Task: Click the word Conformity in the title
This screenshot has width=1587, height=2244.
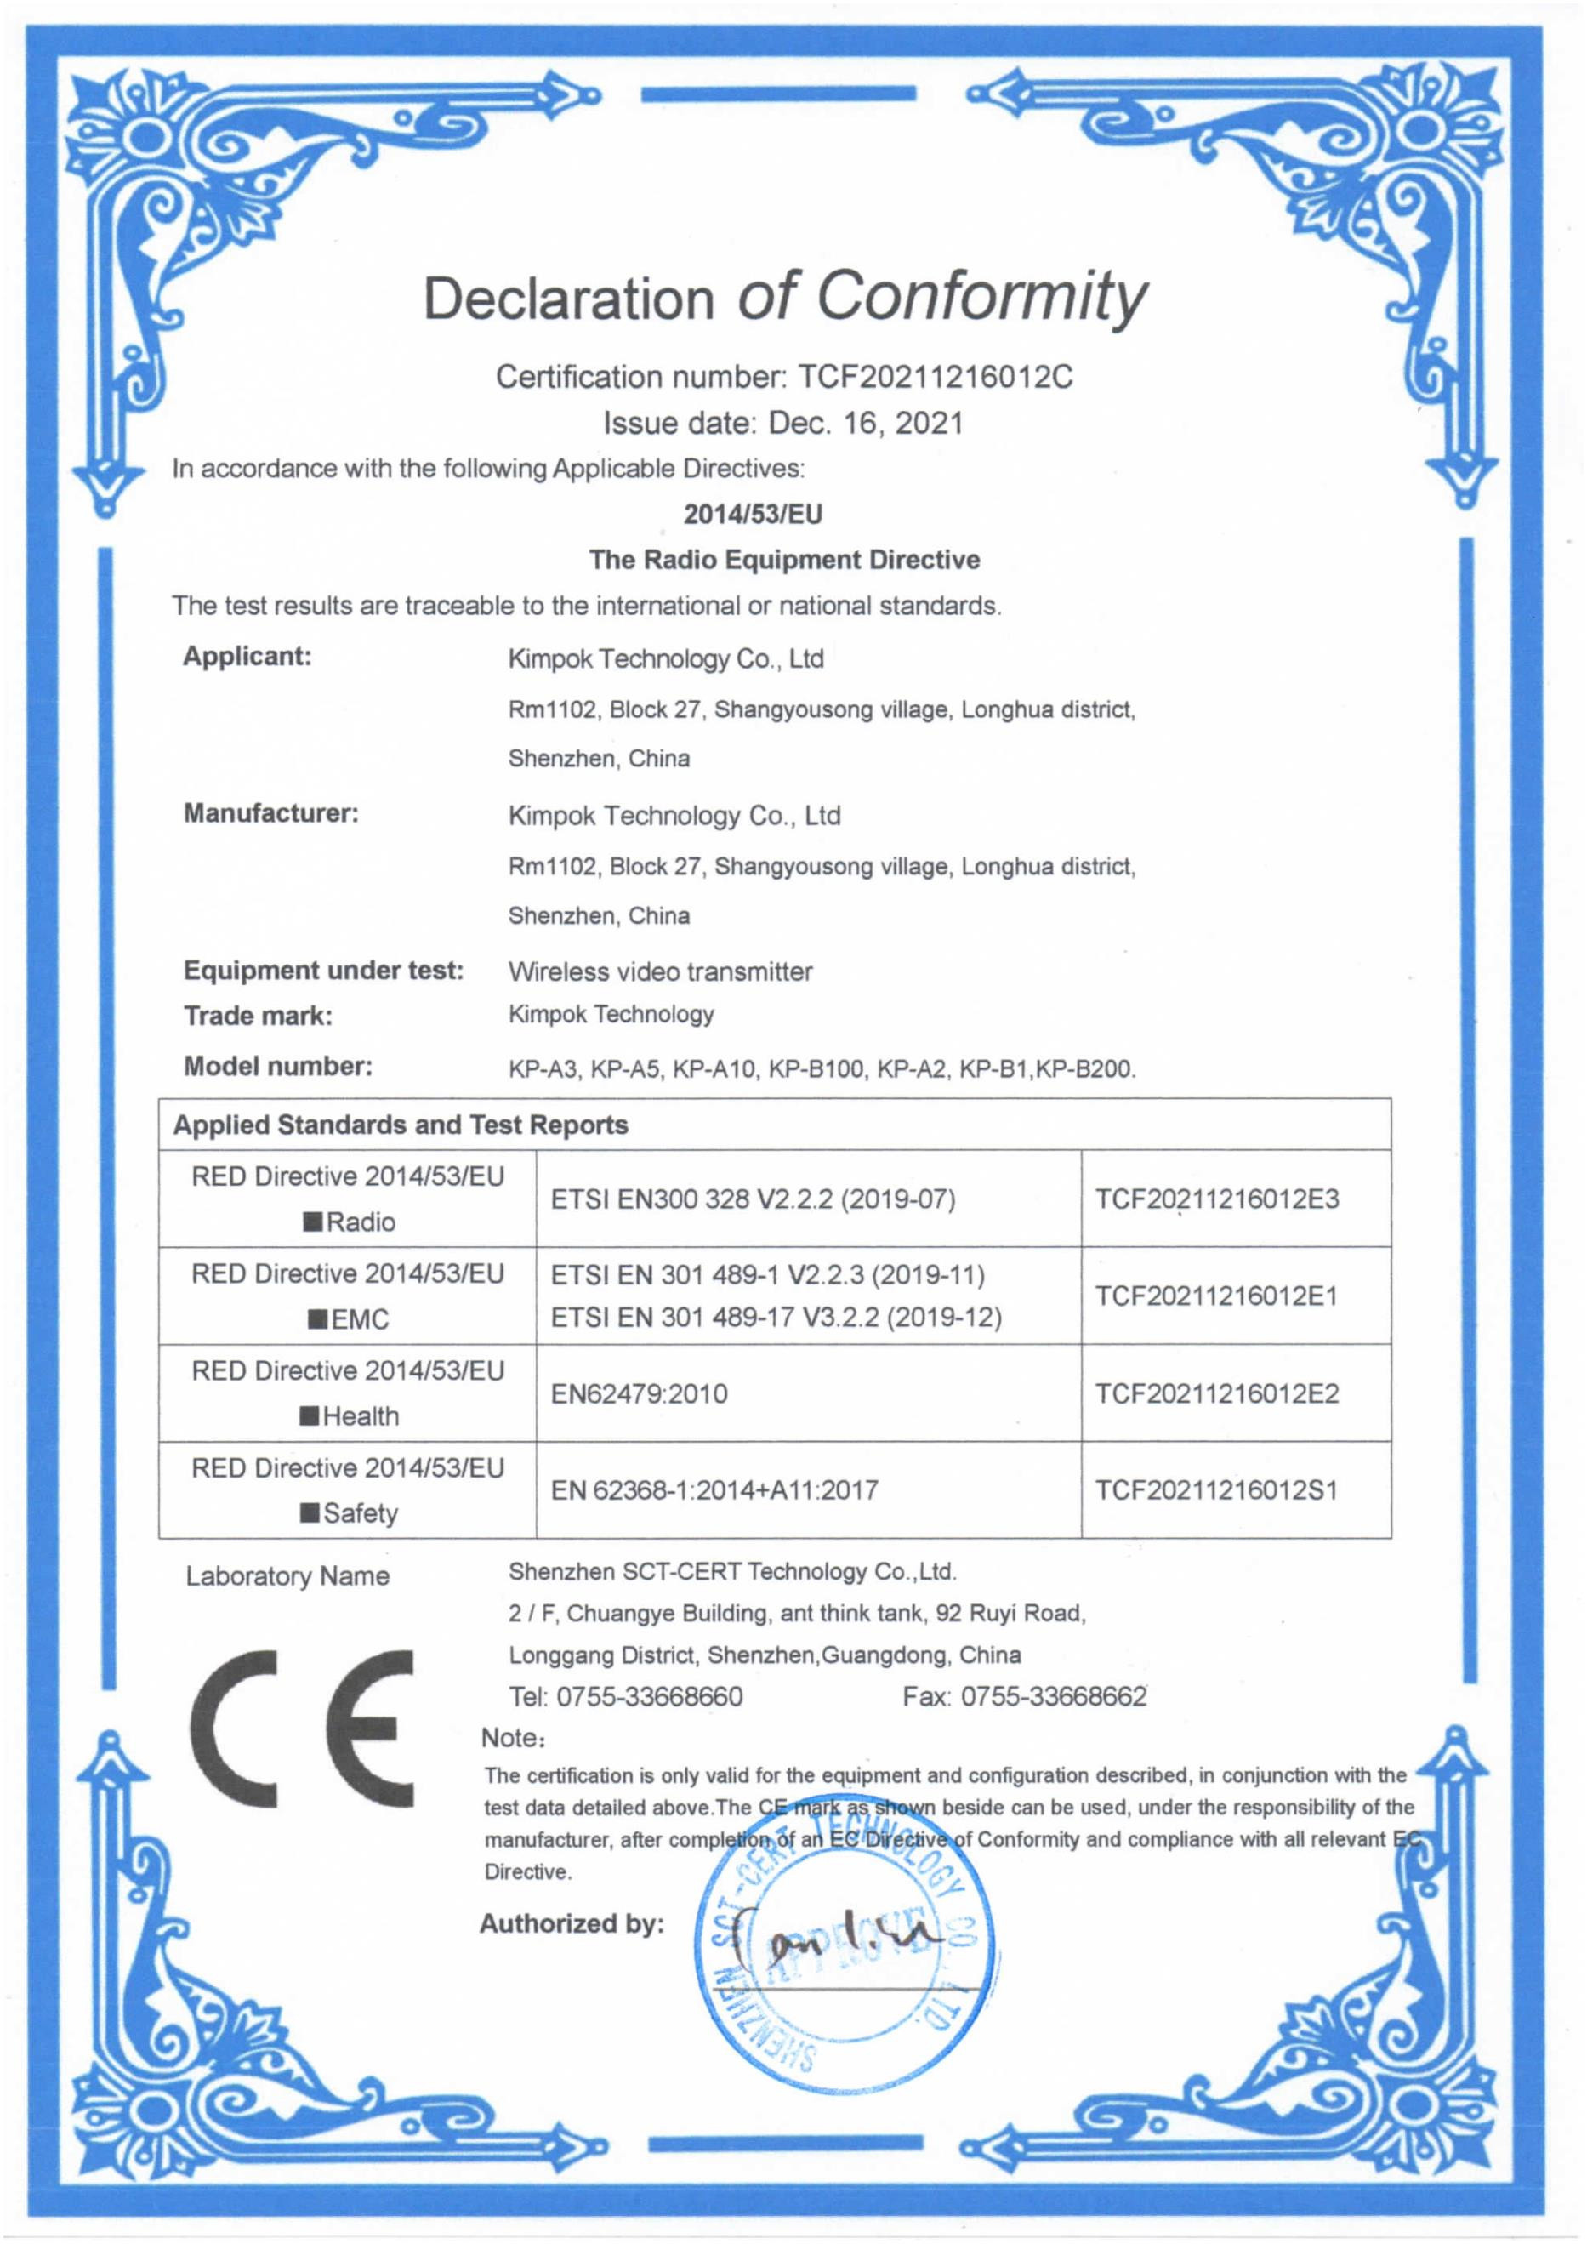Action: [x=980, y=295]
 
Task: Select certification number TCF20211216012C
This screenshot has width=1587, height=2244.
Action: [x=936, y=376]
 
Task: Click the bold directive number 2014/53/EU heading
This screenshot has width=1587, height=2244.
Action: [x=753, y=514]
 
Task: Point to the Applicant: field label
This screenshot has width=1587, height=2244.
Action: [x=247, y=656]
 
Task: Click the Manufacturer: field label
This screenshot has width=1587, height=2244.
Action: [x=270, y=813]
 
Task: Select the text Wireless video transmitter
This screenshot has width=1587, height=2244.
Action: [x=660, y=971]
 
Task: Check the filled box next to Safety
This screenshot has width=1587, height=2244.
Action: [x=310, y=1514]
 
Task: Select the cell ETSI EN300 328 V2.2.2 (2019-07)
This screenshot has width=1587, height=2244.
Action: [x=753, y=1199]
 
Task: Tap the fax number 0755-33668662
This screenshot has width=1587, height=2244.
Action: [x=1054, y=1697]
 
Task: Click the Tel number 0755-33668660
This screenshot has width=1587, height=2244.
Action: [x=649, y=1697]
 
